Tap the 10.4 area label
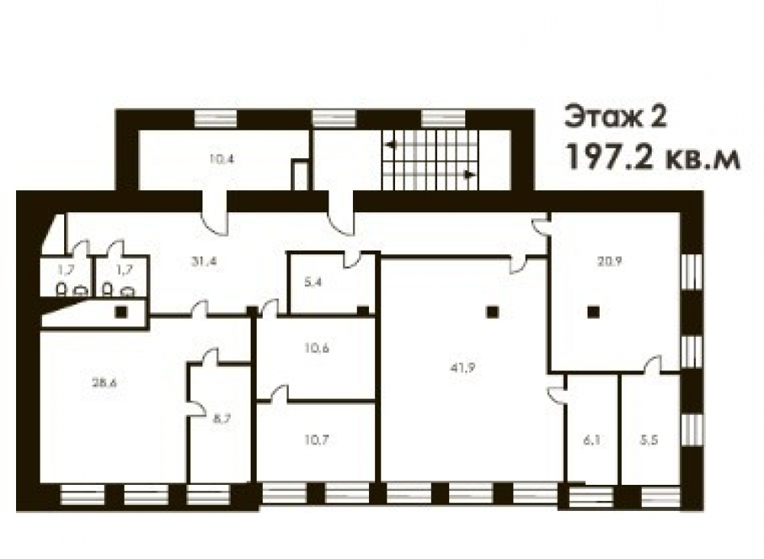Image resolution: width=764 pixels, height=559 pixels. tap(222, 159)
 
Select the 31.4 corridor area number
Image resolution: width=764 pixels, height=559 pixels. tap(204, 261)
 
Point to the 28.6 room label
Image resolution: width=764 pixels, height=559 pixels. tap(104, 383)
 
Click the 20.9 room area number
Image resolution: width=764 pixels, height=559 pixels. tap(610, 261)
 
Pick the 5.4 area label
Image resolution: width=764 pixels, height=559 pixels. tap(312, 282)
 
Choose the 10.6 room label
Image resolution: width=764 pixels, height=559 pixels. tap(317, 348)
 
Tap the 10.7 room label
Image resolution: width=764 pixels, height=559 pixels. tap(317, 440)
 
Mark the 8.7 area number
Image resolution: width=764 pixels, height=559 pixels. tap(222, 419)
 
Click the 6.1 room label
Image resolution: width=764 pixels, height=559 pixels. tap(591, 440)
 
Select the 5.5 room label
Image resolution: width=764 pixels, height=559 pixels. tap(649, 440)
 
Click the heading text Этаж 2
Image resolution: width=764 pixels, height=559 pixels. tap(615, 118)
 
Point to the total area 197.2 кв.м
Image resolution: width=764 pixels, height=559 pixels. tap(652, 157)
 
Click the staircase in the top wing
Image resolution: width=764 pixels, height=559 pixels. tap(430, 160)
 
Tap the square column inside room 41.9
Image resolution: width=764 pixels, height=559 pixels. tap(492, 312)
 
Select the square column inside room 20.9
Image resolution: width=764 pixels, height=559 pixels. tap(593, 312)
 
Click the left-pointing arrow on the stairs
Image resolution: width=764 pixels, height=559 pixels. tap(391, 144)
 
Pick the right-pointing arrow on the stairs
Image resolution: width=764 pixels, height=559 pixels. tap(469, 174)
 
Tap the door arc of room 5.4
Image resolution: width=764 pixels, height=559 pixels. tap(353, 260)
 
